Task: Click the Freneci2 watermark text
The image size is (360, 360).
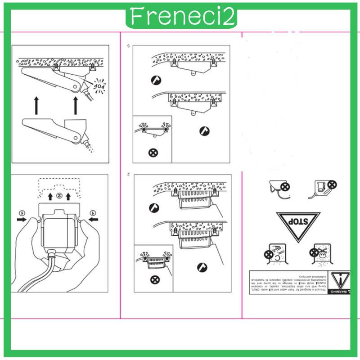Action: (181, 17)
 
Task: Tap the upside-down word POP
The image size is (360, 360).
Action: (99, 85)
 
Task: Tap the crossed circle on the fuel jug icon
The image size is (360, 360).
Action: (332, 184)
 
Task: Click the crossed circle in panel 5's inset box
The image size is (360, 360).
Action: (153, 152)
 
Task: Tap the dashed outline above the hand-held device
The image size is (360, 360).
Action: (59, 184)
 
